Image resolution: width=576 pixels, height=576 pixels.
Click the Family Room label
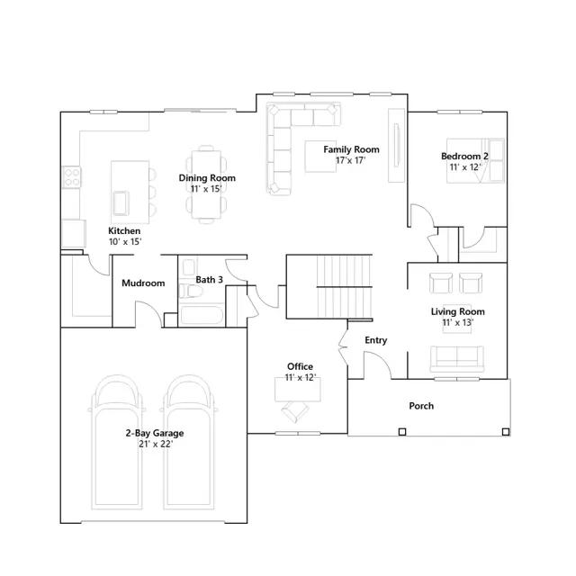351,149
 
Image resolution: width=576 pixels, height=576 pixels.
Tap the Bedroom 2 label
464,156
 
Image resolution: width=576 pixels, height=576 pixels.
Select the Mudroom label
143,283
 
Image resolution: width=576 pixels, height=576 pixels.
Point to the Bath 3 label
209,280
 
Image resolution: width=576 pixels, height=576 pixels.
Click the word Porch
421,406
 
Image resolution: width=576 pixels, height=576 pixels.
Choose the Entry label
376,340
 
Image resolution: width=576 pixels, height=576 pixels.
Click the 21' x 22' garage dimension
156,444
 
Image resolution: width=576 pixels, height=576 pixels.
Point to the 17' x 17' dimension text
351,160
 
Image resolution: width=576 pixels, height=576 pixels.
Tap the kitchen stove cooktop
72,177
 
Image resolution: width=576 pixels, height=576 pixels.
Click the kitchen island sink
121,203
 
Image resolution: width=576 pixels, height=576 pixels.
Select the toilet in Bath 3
190,291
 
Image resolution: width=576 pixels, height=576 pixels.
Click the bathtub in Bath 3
202,315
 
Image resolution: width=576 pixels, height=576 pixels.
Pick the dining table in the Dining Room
206,184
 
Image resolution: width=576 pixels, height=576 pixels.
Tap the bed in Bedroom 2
475,160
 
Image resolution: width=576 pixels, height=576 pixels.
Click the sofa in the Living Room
456,359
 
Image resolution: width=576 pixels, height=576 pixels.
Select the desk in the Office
298,390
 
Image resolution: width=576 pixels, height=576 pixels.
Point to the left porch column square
402,432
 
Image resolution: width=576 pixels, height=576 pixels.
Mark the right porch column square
506,432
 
